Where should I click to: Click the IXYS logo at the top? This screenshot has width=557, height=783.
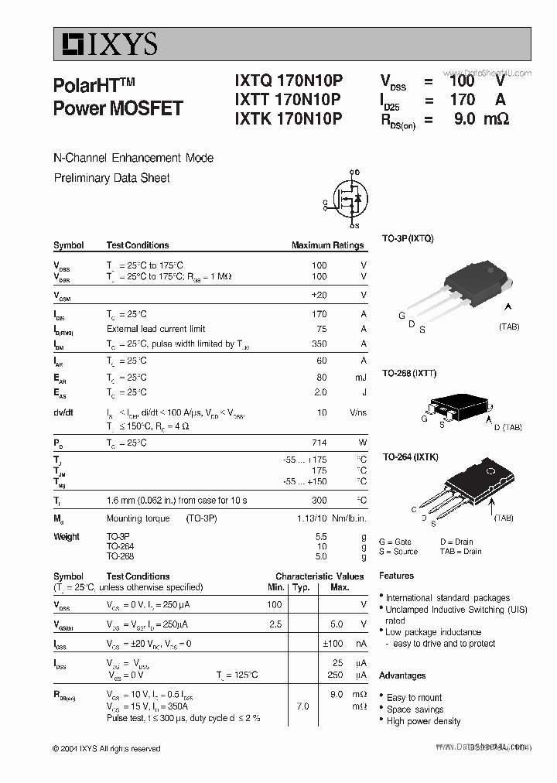point(105,44)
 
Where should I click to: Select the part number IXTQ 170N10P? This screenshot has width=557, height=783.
point(288,80)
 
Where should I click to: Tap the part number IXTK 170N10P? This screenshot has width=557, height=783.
point(288,118)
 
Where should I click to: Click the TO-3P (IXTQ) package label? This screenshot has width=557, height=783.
point(408,238)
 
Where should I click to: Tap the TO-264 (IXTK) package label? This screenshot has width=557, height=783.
point(411,457)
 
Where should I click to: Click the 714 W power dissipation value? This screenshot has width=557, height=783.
point(319,443)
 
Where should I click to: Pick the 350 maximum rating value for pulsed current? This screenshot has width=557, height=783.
point(319,344)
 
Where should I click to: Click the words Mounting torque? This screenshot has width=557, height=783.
point(134,518)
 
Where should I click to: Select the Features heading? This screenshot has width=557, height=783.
point(396,576)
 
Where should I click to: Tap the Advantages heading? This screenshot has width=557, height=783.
point(402,675)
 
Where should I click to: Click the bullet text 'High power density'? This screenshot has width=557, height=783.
point(423,721)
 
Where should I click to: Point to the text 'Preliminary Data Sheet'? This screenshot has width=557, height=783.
point(111,178)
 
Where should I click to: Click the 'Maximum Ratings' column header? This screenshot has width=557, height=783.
point(327,245)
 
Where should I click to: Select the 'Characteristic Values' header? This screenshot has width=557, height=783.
point(320,576)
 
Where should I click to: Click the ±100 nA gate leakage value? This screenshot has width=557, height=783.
point(333,644)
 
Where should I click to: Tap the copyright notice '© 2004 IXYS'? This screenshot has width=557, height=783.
point(107,749)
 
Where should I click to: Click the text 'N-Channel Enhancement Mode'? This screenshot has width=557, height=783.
point(133,158)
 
